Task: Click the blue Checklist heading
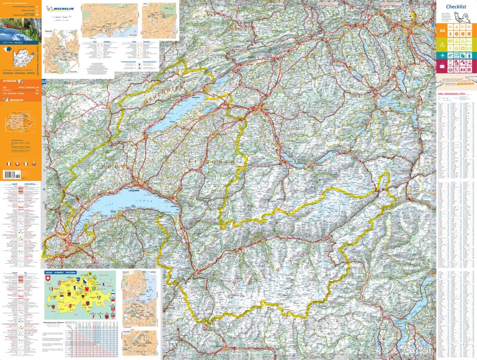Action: [456, 7]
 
